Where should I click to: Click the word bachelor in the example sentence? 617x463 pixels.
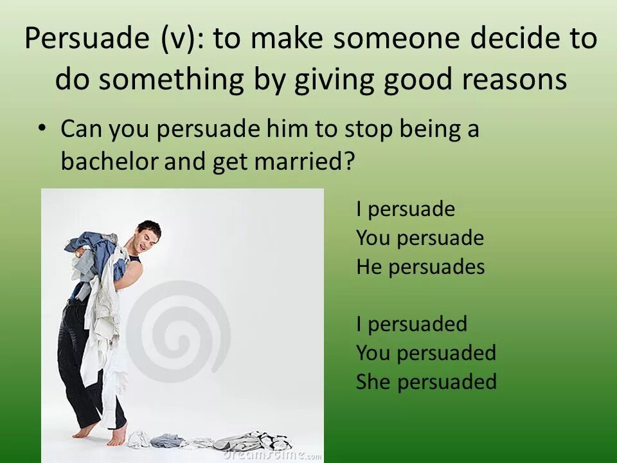[109, 161]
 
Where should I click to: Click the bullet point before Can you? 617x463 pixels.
[42, 127]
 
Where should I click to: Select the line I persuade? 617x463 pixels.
[406, 210]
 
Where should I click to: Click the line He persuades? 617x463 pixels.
[420, 267]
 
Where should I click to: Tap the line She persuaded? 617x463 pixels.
[426, 382]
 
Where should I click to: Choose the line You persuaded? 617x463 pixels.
[426, 353]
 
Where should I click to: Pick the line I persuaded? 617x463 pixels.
[411, 324]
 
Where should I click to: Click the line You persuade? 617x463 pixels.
[420, 239]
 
